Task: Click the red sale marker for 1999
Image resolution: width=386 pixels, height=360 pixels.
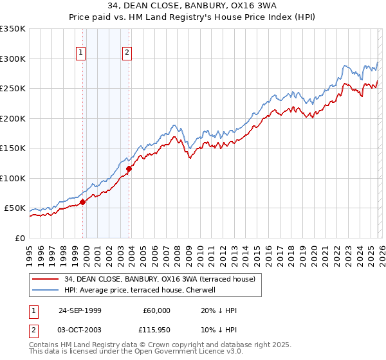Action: (x=83, y=202)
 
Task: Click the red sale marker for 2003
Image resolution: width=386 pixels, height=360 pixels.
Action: (x=129, y=169)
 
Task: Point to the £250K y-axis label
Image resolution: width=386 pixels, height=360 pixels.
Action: (x=13, y=89)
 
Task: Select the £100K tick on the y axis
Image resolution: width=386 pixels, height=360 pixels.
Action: (x=13, y=178)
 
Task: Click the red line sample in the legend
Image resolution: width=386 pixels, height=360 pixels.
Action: (x=46, y=279)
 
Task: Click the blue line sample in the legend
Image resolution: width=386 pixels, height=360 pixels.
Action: (x=46, y=290)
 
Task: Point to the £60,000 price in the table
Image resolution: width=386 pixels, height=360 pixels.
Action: (x=156, y=310)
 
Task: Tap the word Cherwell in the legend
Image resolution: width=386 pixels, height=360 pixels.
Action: (x=207, y=290)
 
